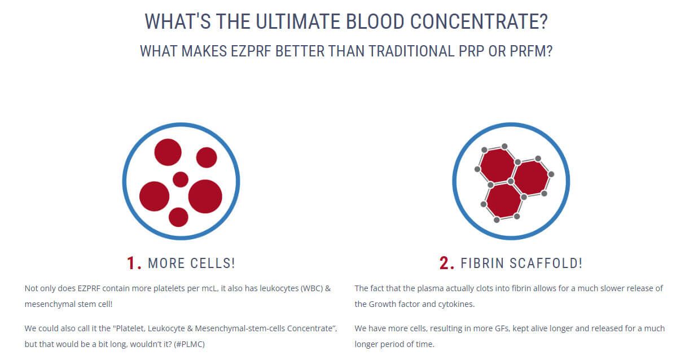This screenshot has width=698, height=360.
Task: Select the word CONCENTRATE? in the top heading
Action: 478,21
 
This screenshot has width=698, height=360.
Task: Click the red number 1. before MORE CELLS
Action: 134,263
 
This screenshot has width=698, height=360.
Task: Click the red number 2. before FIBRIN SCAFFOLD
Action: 447,263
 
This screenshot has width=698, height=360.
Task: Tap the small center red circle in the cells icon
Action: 181,179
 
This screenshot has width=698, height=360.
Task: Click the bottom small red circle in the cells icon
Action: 178,217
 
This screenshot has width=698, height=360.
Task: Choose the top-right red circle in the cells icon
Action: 207,157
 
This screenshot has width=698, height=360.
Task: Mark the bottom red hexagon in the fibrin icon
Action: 503,200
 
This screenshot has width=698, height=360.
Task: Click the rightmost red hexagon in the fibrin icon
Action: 530,178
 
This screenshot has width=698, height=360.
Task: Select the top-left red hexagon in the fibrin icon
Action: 497,165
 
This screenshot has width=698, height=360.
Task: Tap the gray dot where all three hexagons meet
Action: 511,181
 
